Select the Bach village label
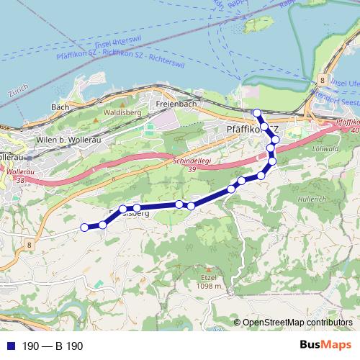point(60,107)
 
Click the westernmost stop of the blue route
point(84,228)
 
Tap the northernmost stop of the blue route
point(256,112)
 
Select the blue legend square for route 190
point(9,346)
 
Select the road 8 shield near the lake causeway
point(324,80)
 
